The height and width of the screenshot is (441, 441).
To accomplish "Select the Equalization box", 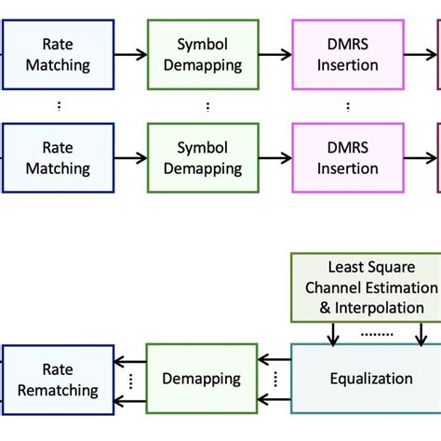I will click(x=370, y=379).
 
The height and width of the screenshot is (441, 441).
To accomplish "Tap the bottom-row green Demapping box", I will click(x=201, y=379).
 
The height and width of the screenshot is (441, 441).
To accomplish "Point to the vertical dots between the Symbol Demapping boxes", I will click(x=207, y=106).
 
